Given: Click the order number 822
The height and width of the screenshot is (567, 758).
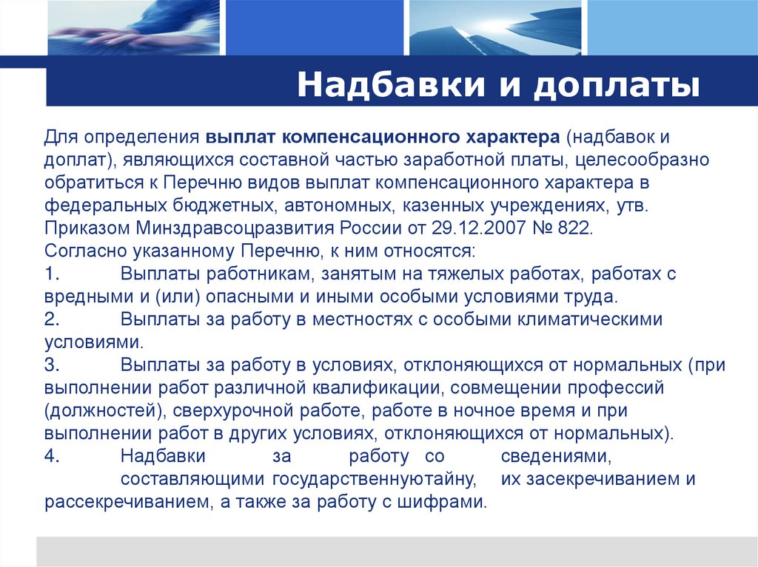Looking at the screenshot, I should (575, 228).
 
